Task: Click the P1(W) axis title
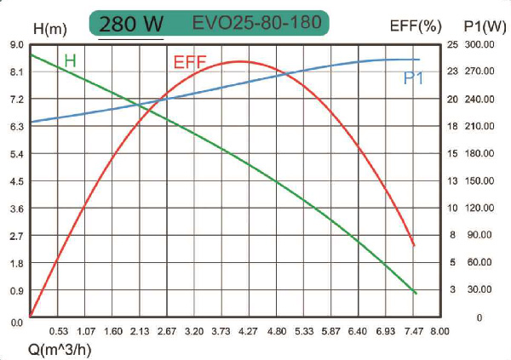(479, 26)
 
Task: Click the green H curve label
(70, 60)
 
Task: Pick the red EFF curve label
(189, 62)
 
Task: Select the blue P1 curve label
(414, 78)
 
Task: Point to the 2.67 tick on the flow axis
(168, 330)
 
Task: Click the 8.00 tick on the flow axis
(440, 330)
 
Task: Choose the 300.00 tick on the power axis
(479, 44)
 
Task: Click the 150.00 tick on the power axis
(479, 181)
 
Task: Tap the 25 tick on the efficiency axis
(452, 44)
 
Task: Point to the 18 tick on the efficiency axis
(452, 127)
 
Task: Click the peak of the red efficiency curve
(239, 61)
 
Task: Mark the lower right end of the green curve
(416, 294)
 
